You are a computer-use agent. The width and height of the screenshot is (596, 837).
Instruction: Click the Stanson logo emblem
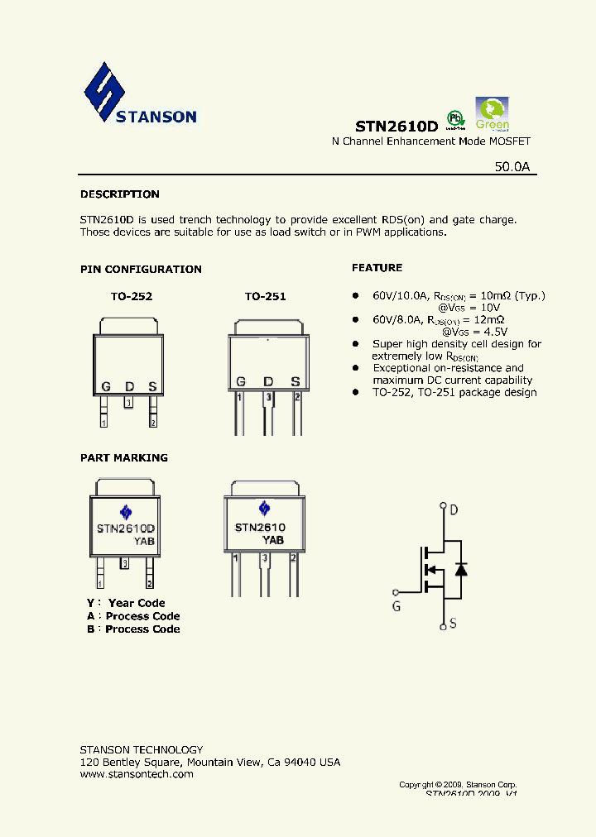[104, 93]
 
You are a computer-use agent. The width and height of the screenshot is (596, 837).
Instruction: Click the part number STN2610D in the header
[396, 127]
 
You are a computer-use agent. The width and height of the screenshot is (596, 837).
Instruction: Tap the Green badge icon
[492, 114]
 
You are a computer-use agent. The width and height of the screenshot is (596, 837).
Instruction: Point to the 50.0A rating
[512, 166]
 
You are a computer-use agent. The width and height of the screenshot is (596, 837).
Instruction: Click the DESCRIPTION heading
[119, 194]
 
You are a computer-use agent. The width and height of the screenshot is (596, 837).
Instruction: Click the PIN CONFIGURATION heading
[141, 269]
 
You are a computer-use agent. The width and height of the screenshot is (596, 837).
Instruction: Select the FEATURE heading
[377, 268]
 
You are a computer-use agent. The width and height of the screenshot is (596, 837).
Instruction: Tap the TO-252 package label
[132, 296]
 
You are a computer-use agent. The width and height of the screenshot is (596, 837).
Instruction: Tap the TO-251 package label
[265, 296]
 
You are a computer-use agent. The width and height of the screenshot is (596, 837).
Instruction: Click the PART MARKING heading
[123, 457]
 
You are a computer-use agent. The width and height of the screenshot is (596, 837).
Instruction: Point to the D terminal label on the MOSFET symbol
[454, 509]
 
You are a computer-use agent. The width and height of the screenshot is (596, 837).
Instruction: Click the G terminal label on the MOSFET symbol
[397, 606]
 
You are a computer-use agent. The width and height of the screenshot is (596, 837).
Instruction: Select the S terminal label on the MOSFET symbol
[454, 624]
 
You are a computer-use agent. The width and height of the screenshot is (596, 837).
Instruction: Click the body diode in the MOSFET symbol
[461, 569]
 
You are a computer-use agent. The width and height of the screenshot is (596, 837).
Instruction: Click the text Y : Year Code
[126, 603]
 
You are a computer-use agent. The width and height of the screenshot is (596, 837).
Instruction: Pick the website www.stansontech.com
[137, 774]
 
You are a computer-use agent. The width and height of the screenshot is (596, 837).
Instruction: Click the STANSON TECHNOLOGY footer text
[141, 749]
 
